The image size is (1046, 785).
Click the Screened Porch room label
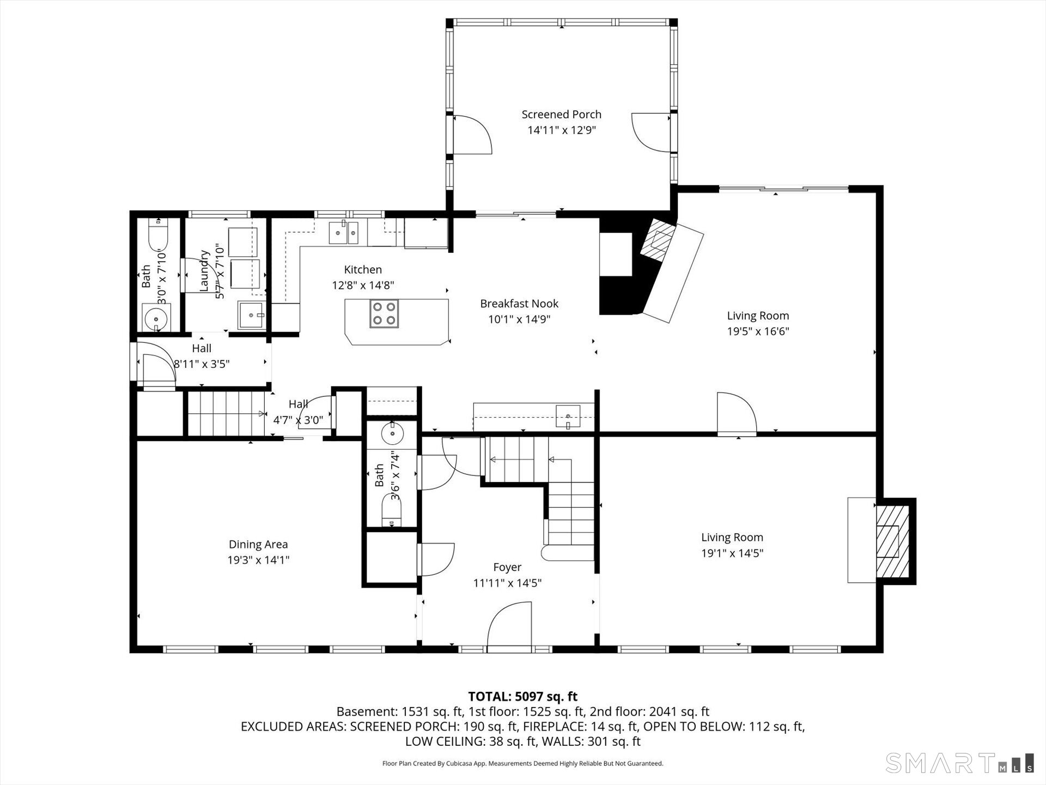tap(561, 114)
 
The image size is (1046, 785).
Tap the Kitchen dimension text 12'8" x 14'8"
tap(363, 285)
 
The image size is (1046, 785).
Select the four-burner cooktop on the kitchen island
tap(384, 313)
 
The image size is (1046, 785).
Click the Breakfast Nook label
tap(519, 304)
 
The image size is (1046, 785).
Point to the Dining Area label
tap(258, 544)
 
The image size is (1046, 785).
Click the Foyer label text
tap(507, 567)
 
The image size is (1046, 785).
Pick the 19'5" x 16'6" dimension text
tap(758, 331)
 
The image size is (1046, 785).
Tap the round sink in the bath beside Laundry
tap(156, 317)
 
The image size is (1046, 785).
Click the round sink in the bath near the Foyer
tap(392, 434)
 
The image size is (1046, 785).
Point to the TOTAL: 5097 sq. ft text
tap(523, 697)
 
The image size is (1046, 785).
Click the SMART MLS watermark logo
tap(959, 763)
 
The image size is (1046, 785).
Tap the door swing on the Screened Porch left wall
tap(472, 134)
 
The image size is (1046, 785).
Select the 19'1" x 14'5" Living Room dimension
tap(732, 553)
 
